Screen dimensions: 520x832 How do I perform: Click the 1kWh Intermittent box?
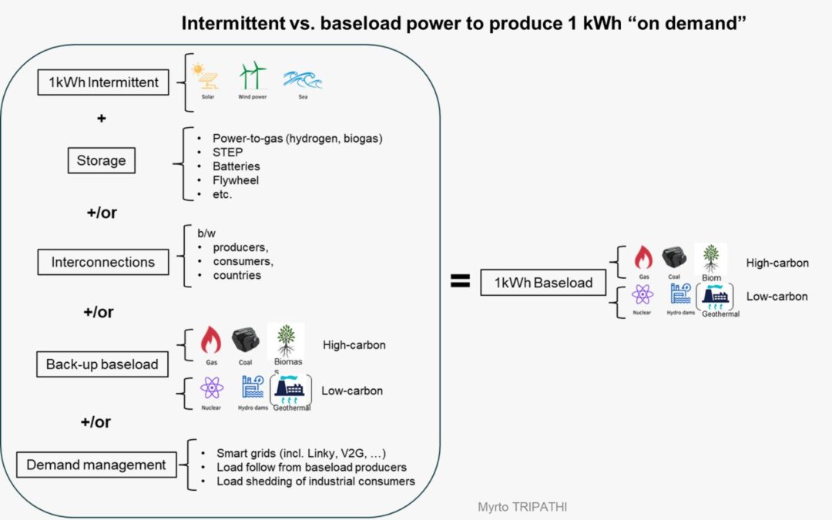tap(103, 82)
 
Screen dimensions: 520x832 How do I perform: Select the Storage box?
tap(101, 161)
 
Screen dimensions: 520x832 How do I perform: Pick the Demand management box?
tap(96, 465)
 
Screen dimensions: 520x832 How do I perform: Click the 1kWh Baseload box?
tap(537, 283)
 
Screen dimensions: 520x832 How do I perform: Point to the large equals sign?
tap(460, 282)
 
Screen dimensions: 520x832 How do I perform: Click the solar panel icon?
tap(206, 77)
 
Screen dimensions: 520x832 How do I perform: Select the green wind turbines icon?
tap(252, 75)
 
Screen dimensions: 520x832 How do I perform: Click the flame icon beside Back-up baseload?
tap(210, 340)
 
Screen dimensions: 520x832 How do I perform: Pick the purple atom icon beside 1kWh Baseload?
tap(642, 294)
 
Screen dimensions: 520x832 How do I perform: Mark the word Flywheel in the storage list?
tap(236, 180)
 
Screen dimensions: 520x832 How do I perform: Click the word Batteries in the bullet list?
tap(237, 166)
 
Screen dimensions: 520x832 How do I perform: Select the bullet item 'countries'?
tap(237, 275)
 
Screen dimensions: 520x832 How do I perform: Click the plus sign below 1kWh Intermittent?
tap(101, 119)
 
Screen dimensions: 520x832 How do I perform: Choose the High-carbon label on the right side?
tap(777, 263)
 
